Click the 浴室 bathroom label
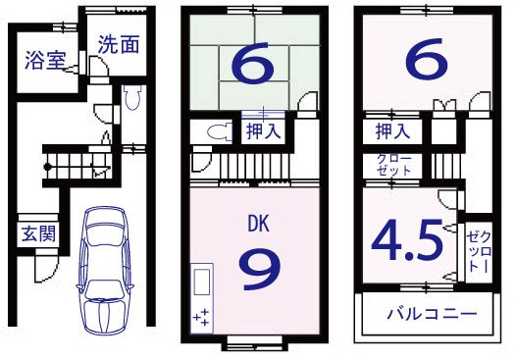(x=45, y=58)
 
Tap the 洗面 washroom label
(x=117, y=43)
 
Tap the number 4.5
(x=407, y=239)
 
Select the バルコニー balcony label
(x=431, y=316)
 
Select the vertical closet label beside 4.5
(x=478, y=249)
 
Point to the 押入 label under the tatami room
(x=264, y=129)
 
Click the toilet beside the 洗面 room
(x=134, y=98)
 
